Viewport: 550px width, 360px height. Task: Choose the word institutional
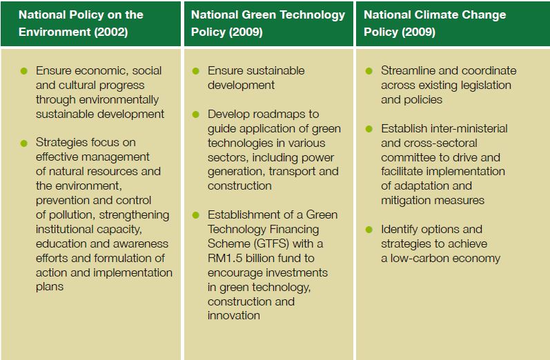coord(70,229)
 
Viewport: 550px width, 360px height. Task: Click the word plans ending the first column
coord(50,286)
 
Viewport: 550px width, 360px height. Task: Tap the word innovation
coord(234,315)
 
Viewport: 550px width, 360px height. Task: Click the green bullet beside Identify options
coord(370,229)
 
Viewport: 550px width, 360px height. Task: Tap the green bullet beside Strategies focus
coord(24,143)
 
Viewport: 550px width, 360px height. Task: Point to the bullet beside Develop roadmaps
coord(195,114)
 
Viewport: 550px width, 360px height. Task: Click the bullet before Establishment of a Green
coord(195,214)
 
